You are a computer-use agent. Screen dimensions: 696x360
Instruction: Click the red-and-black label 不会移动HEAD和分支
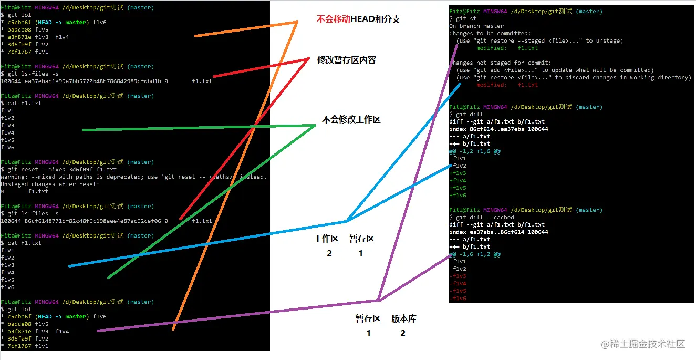[358, 19]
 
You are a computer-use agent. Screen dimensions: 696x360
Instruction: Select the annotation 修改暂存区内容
[346, 60]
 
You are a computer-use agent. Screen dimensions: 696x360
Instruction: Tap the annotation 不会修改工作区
[351, 119]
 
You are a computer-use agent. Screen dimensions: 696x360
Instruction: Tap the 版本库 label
[403, 319]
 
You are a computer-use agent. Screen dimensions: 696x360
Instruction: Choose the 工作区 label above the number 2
[326, 239]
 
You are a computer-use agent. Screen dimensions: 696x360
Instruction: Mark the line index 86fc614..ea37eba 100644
[498, 129]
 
